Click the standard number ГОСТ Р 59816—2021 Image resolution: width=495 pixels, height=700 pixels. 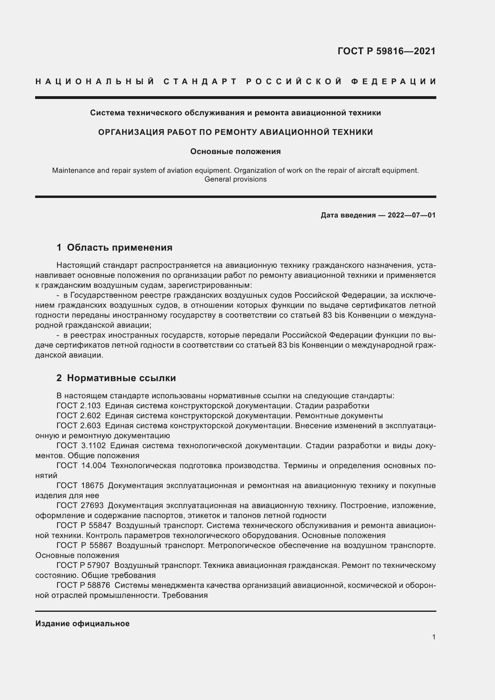(386, 51)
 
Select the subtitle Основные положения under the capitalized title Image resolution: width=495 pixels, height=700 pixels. (235, 152)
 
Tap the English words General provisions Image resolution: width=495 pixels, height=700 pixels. (235, 179)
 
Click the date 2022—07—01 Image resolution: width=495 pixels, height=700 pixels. (412, 216)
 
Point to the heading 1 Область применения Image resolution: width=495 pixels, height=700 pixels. (115, 247)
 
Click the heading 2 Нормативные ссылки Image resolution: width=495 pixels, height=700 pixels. (116, 378)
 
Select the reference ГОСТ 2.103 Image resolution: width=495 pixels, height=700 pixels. (79, 406)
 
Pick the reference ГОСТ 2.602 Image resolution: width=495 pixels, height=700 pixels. (79, 416)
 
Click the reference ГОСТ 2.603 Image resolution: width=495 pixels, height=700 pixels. (79, 426)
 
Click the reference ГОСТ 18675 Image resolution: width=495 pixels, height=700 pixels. (80, 486)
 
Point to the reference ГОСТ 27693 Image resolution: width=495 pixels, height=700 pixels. (80, 506)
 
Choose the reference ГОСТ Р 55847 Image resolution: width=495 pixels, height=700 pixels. (84, 526)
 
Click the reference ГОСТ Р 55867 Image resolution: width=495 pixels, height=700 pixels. (84, 546)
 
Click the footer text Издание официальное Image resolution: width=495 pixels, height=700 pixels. (82, 624)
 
